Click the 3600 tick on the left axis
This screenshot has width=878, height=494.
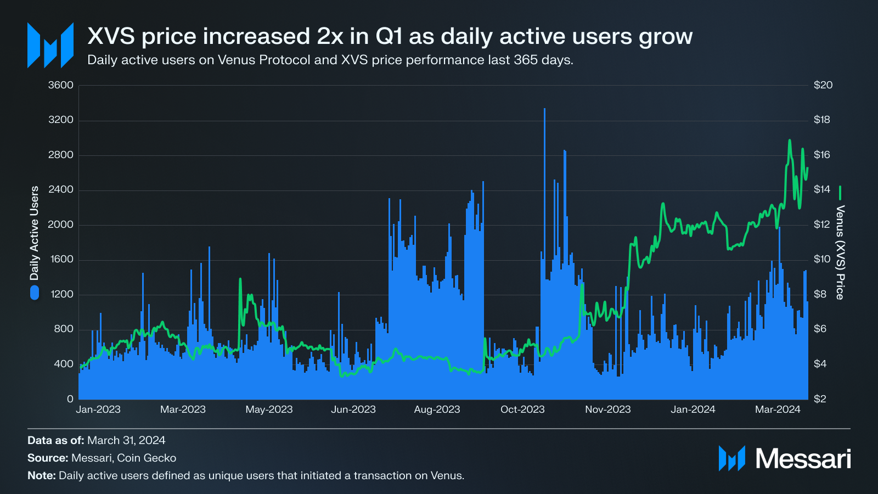coord(60,85)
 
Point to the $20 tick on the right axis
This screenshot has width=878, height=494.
coord(823,85)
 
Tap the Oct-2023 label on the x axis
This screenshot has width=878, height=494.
coord(522,409)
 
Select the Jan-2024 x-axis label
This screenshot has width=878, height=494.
coord(693,409)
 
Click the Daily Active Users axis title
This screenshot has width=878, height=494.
coord(35,233)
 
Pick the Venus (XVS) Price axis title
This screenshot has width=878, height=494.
coord(840,252)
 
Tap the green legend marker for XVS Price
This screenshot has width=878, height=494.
coord(840,193)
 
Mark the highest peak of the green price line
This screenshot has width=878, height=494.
coord(790,141)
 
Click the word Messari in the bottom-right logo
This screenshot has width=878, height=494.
coord(803,458)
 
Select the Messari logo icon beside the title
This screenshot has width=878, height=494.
coord(50,46)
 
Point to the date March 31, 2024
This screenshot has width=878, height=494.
coord(126,440)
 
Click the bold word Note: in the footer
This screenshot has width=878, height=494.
coord(42,475)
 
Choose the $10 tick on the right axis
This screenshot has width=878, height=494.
coord(822,259)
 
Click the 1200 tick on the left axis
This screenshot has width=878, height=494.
coord(62,294)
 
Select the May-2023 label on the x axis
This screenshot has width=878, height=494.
coord(269,409)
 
